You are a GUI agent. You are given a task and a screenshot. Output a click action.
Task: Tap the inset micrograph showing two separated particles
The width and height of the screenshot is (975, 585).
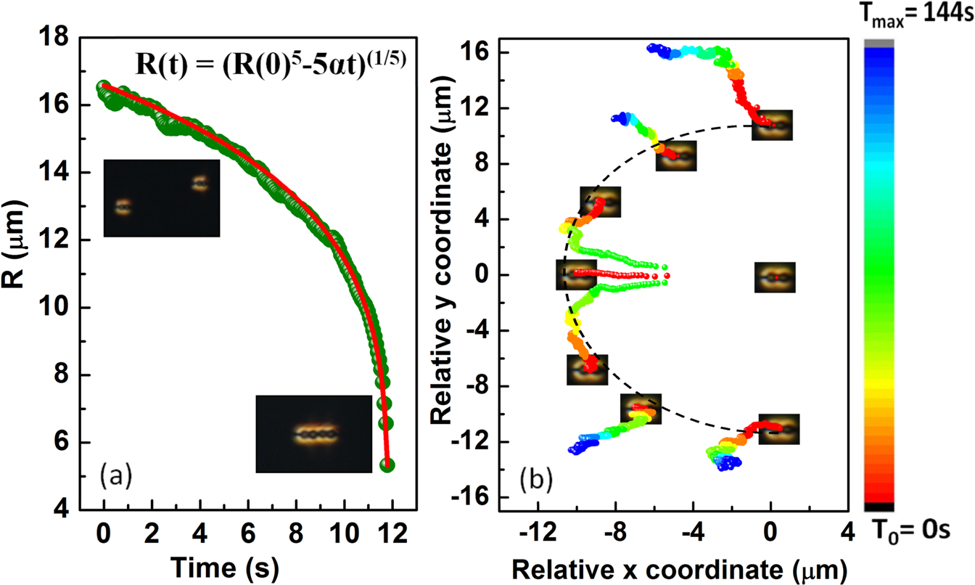(161, 197)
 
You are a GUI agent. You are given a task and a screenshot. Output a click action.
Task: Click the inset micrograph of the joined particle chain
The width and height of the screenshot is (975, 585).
(313, 434)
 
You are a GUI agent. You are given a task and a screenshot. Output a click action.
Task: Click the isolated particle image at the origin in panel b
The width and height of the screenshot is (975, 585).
(776, 277)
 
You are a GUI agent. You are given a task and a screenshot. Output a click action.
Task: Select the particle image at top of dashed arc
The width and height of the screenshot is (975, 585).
(772, 125)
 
